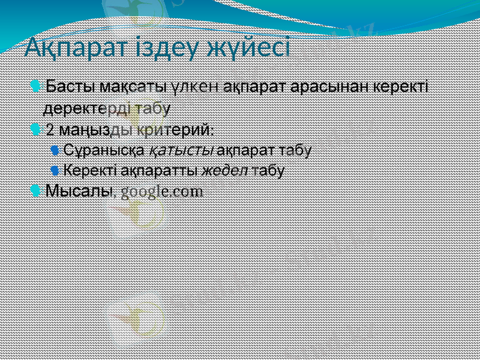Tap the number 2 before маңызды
tap(50, 130)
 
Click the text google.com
tap(162, 192)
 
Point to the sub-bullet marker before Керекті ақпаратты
tap(55, 170)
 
